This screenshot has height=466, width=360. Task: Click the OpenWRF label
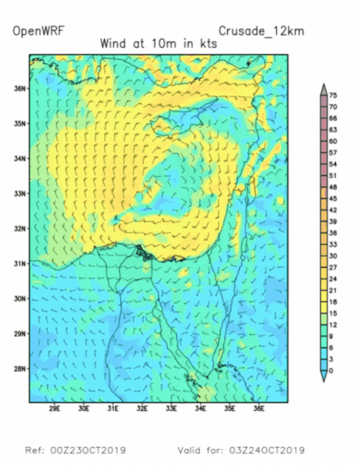pos(38,32)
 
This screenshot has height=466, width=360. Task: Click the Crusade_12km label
pos(265,32)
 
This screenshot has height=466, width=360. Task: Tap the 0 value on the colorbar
pos(333,370)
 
